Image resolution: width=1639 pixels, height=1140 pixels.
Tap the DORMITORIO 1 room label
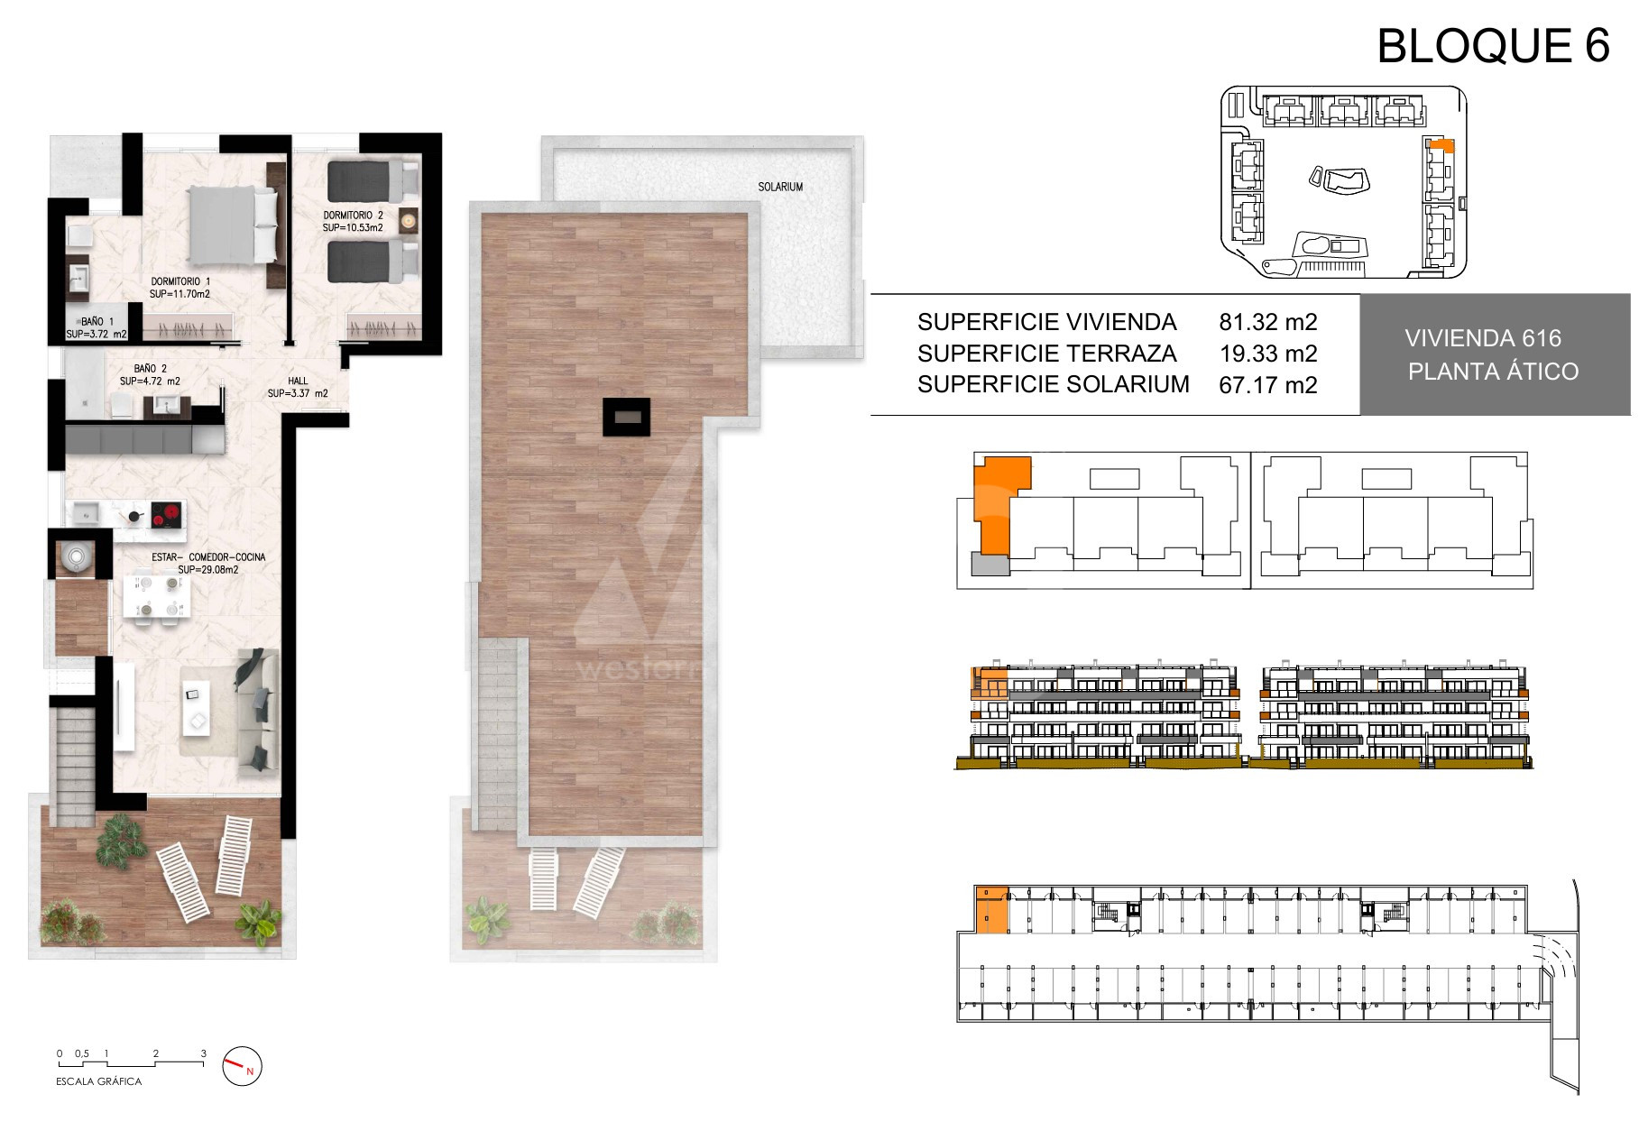tap(180, 281)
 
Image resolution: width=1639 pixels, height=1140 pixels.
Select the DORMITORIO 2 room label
tap(354, 216)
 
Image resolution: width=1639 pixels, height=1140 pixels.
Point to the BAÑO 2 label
tap(150, 369)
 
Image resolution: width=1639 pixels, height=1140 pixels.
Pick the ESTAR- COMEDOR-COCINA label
tap(208, 557)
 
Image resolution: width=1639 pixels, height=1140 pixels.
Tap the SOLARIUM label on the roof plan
tap(780, 187)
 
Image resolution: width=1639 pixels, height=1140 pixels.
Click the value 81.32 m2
tap(1268, 322)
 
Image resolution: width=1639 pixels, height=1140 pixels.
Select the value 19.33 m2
tap(1268, 354)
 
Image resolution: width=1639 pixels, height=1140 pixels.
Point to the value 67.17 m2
tap(1268, 385)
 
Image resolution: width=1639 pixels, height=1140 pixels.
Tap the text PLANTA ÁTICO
tap(1493, 371)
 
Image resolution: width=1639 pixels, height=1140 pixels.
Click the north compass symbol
tap(243, 1067)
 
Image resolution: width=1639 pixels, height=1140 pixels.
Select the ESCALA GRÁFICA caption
tap(99, 1081)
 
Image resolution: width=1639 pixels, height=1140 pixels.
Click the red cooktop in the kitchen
tap(165, 515)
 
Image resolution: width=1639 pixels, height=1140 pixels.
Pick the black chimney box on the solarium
tap(625, 417)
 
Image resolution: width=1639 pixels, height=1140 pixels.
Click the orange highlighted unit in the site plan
tap(1438, 144)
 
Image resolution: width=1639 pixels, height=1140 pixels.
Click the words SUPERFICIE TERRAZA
tap(1046, 354)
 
